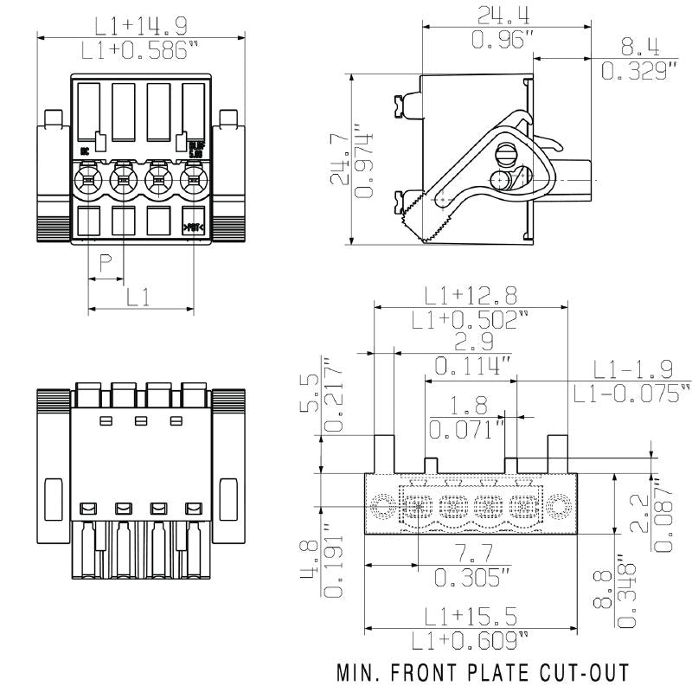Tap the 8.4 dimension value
pyautogui.click(x=639, y=47)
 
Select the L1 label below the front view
pyautogui.click(x=139, y=297)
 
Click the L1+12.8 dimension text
pyautogui.click(x=470, y=296)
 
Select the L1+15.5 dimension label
pyautogui.click(x=470, y=616)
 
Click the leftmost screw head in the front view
pyautogui.click(x=88, y=180)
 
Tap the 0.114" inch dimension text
pyautogui.click(x=472, y=366)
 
